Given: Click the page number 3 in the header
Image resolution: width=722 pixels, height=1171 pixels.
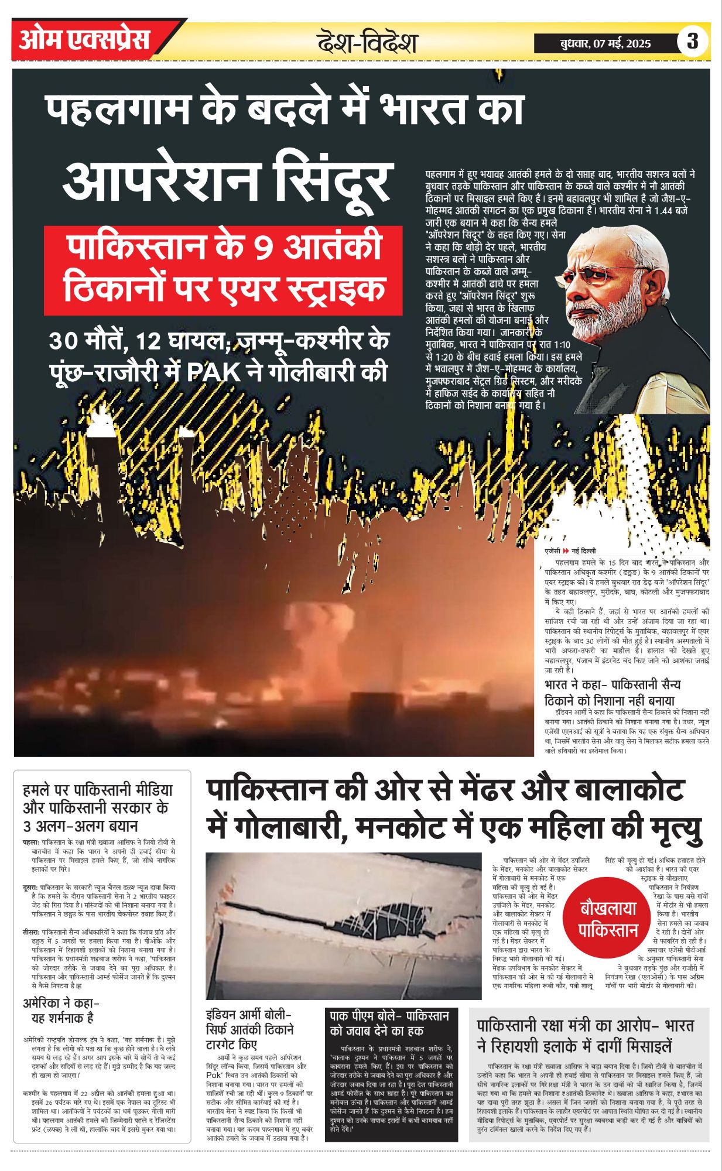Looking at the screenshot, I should (x=692, y=41).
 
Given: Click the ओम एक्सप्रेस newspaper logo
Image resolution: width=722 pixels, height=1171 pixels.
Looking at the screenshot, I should (x=85, y=40).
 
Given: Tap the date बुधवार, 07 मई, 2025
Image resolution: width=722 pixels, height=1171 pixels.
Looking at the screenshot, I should (x=604, y=43).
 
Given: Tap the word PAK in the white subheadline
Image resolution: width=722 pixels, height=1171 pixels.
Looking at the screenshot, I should (x=214, y=372).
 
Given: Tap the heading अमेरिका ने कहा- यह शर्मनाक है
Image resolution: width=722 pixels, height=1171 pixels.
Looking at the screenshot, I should (x=59, y=1010).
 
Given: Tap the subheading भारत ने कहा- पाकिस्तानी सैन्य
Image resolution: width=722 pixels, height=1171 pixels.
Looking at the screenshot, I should (x=612, y=691).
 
